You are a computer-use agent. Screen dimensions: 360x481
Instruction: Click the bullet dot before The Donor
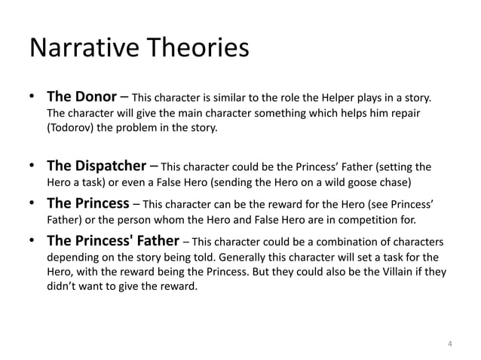pyautogui.click(x=34, y=99)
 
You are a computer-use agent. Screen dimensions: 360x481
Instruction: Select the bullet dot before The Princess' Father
pyautogui.click(x=34, y=243)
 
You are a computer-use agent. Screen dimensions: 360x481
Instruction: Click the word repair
pyautogui.click(x=403, y=113)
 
